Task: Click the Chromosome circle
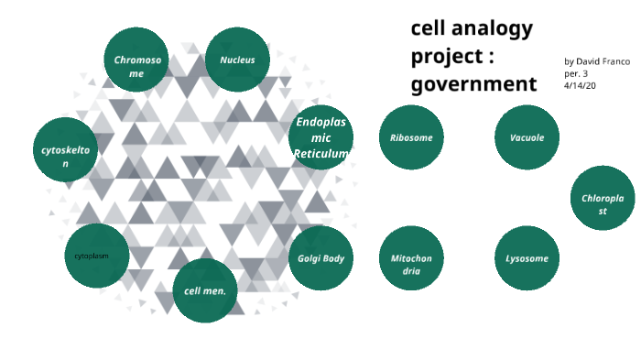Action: pyautogui.click(x=136, y=60)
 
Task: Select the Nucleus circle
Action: pyautogui.click(x=237, y=60)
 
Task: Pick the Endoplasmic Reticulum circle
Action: pyautogui.click(x=320, y=137)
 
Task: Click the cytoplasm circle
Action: pyautogui.click(x=96, y=256)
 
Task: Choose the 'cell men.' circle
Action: pyautogui.click(x=205, y=290)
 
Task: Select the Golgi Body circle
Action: pyautogui.click(x=320, y=258)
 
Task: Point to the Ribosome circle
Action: pyautogui.click(x=411, y=137)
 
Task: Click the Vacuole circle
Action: pyautogui.click(x=527, y=137)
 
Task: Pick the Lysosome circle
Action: pyautogui.click(x=527, y=258)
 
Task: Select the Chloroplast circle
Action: pyautogui.click(x=603, y=198)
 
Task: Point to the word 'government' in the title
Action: pyautogui.click(x=473, y=84)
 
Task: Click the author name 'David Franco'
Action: pyautogui.click(x=603, y=60)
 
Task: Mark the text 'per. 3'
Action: pyautogui.click(x=576, y=72)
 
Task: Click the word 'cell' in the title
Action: pyautogui.click(x=428, y=27)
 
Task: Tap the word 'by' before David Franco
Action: pyautogui.click(x=569, y=60)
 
